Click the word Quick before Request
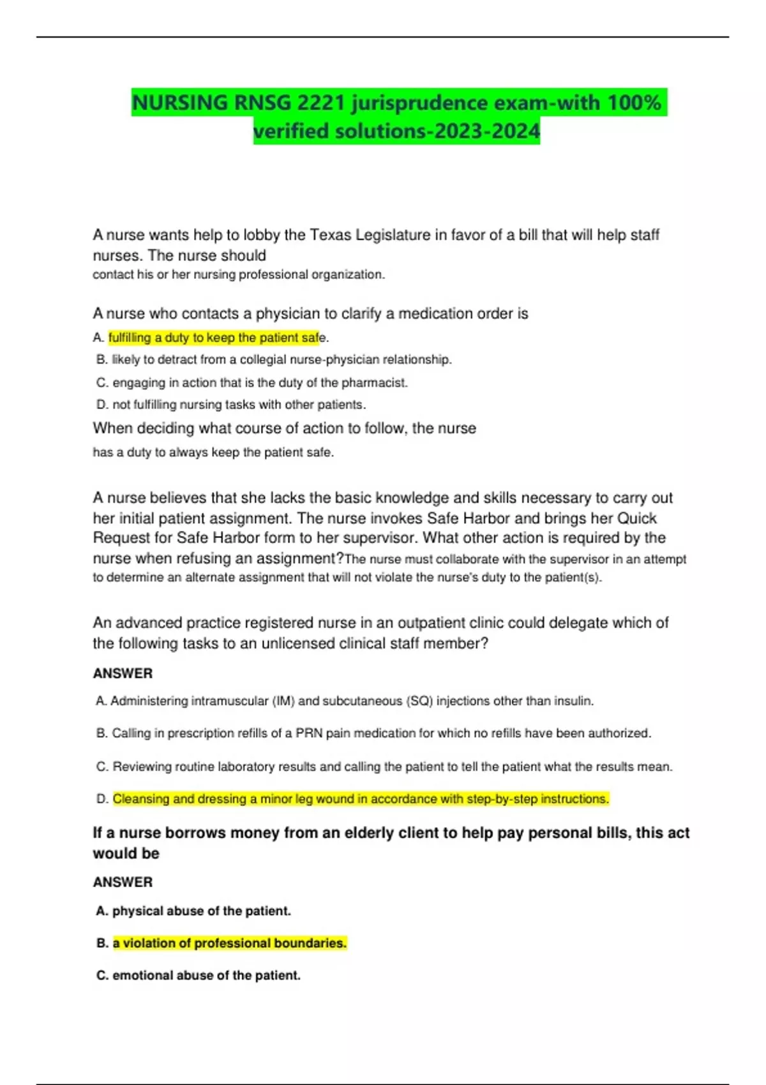(x=636, y=518)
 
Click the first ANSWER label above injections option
(x=123, y=673)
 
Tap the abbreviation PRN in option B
(x=309, y=733)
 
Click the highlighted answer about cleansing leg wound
(x=361, y=799)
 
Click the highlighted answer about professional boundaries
(x=229, y=943)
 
